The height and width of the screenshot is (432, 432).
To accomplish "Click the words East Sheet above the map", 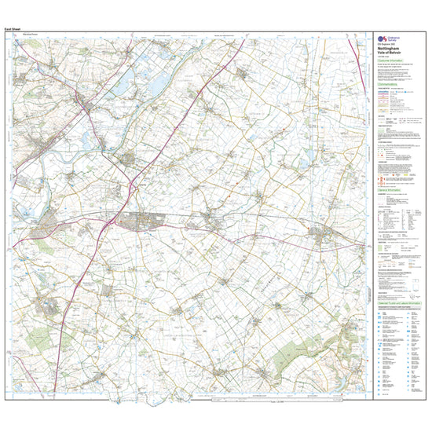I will click(13, 27).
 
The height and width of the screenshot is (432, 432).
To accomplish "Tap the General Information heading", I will click(390, 190).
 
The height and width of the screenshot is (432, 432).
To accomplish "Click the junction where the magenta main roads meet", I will click(104, 225).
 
